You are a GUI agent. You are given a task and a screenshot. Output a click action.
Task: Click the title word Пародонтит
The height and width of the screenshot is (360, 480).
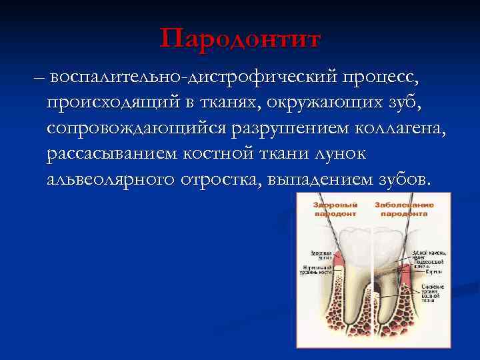(x=240, y=38)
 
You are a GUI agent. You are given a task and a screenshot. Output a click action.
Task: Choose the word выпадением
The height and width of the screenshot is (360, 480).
(x=318, y=180)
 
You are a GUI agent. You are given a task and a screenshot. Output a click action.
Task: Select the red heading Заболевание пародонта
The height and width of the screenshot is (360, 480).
(x=404, y=209)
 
